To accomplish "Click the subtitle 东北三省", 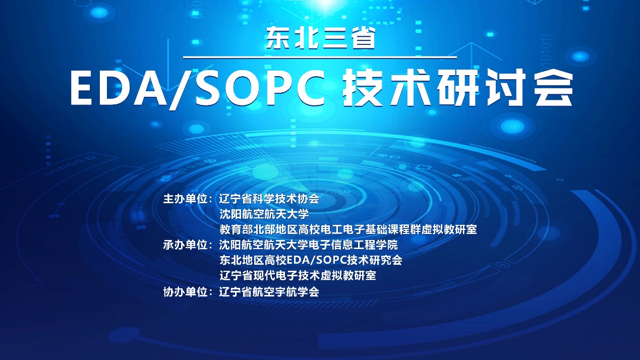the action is coord(320,38).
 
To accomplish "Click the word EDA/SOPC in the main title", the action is coord(198,89).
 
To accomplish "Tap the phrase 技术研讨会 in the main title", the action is coord(458,88).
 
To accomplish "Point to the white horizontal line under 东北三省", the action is coord(320,57).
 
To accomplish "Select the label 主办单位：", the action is coord(188,199).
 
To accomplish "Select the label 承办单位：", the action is coord(188,245).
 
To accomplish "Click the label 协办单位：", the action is coord(188,292).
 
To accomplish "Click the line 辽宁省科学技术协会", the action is coord(269,199).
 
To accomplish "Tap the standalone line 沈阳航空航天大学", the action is coord(264,214).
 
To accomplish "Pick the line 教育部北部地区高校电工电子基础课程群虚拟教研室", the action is coord(348,229).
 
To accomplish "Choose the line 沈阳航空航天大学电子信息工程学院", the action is coord(308,245).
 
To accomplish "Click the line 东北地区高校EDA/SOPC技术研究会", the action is coord(311,260).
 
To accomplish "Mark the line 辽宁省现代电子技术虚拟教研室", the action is coord(298,276).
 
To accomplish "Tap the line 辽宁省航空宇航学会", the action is coord(269,292).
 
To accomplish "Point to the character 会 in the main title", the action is coord(553,88).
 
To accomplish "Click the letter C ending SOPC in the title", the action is coord(310,89).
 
